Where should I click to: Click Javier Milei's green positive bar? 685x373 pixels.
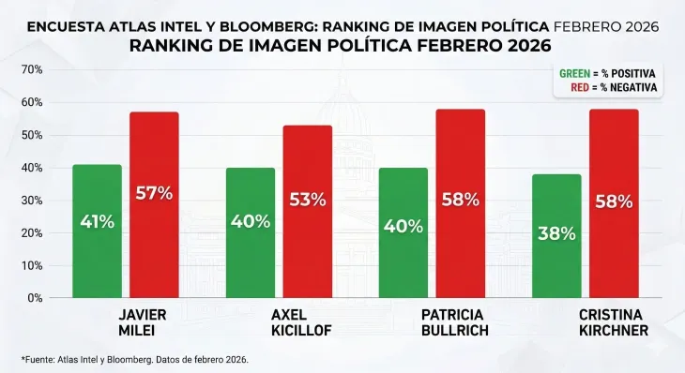click(x=97, y=231)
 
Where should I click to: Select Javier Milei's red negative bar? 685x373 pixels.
click(x=154, y=205)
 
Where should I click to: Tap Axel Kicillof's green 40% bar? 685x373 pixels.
click(x=251, y=233)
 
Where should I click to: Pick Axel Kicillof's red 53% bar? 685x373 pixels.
click(x=308, y=212)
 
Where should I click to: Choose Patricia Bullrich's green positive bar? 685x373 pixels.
click(x=403, y=233)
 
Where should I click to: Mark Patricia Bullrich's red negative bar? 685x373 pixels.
click(x=461, y=203)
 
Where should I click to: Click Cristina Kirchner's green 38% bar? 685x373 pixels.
click(x=556, y=236)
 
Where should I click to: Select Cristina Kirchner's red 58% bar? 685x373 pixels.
click(x=614, y=203)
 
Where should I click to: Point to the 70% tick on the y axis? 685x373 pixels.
click(x=31, y=70)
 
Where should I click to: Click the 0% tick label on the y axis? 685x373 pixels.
click(x=34, y=298)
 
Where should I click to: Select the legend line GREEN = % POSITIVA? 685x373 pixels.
click(x=606, y=73)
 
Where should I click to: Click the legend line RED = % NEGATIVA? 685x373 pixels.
click(x=612, y=87)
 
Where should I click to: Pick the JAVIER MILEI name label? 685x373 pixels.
click(x=137, y=322)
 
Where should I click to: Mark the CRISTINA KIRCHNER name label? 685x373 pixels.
click(x=613, y=322)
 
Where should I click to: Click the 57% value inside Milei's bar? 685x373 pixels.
click(x=154, y=194)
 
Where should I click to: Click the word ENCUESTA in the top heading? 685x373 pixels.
click(x=63, y=26)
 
